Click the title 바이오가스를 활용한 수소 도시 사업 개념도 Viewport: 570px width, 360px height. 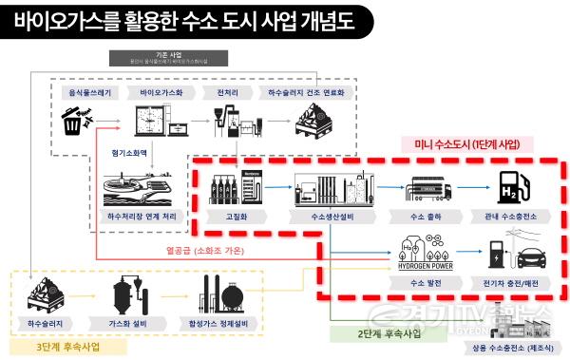(185, 22)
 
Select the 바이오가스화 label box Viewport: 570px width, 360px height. (161, 91)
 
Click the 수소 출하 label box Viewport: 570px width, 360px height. (423, 218)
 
